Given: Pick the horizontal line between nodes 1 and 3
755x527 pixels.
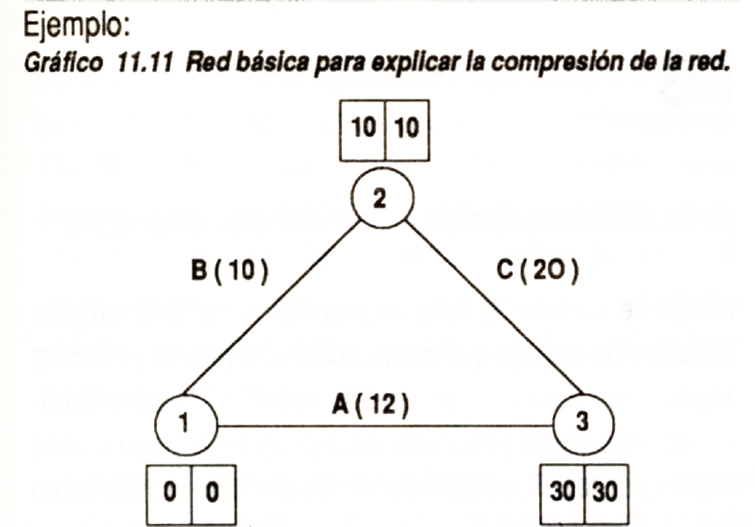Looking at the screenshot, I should pos(383,425).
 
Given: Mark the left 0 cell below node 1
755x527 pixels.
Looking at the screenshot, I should pos(170,492).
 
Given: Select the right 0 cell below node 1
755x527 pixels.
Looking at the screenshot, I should pos(212,492).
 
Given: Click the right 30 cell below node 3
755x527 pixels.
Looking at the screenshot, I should pos(605,492).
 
